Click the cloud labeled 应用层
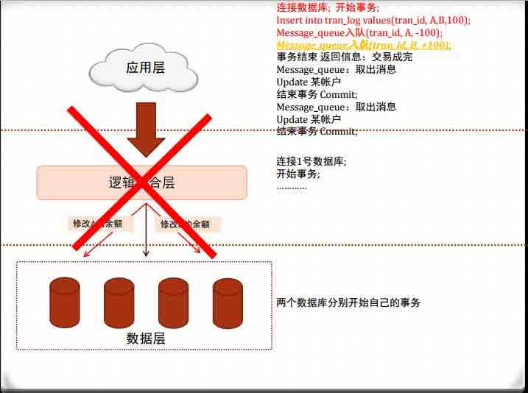click(143, 68)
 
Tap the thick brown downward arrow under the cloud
click(146, 128)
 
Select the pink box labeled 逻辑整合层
click(141, 183)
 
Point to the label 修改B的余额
click(187, 224)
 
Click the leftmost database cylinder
click(64, 302)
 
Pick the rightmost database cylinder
click(228, 302)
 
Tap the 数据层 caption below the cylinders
click(145, 339)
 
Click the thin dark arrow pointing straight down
click(146, 231)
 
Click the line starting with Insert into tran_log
click(373, 21)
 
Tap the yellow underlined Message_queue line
click(364, 46)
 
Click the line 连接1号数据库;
click(311, 161)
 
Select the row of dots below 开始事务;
click(292, 186)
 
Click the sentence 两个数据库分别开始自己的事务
click(348, 302)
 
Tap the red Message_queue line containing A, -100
click(359, 33)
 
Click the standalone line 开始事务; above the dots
click(298, 174)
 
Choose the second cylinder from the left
click(119, 302)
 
